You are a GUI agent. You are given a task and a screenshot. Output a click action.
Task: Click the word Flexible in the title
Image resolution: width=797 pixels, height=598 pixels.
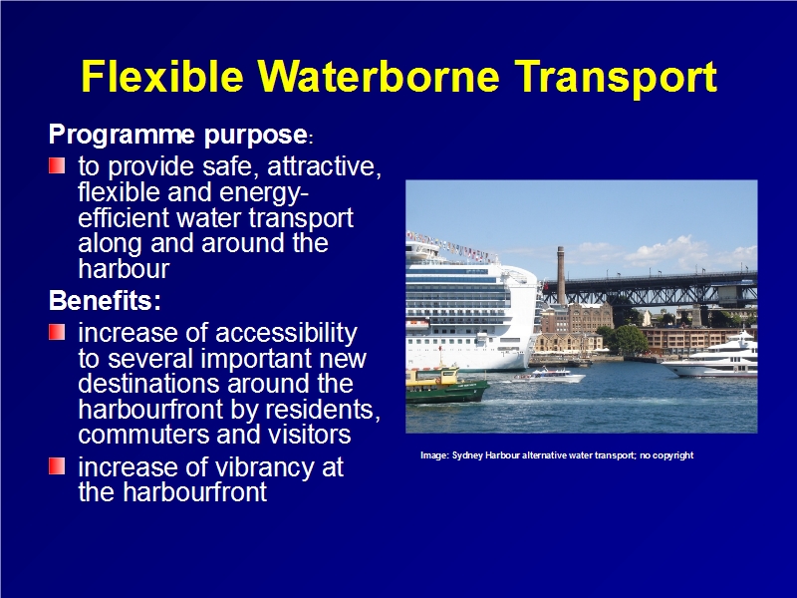pos(162,77)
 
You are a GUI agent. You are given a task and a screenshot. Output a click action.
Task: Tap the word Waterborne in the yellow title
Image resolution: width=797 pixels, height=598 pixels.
pos(379,77)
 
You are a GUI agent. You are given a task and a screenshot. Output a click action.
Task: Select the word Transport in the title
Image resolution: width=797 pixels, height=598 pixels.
pos(616,78)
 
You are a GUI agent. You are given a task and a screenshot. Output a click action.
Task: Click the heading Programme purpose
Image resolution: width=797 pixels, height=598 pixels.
pos(178,135)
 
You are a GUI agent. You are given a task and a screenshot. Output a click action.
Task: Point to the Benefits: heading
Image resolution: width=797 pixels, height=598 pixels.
pos(105,300)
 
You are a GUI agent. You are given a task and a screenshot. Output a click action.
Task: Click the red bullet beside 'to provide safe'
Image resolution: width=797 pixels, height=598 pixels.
pos(57,165)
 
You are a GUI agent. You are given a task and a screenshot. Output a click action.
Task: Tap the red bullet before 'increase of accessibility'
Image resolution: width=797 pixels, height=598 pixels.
pos(57,332)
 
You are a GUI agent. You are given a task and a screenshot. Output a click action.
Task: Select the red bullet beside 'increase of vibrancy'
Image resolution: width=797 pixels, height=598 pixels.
pos(57,465)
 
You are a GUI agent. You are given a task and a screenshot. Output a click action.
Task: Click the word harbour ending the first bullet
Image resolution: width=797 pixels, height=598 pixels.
pos(124,268)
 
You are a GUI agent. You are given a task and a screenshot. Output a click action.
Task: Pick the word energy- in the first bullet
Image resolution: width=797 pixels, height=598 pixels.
pos(263,193)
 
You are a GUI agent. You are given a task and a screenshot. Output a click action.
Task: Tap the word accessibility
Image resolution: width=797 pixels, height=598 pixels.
pos(286,334)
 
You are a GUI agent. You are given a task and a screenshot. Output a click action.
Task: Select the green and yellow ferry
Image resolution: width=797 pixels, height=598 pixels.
pos(446,386)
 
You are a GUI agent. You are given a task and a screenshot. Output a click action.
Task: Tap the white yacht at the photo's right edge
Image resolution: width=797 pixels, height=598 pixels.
pos(714,357)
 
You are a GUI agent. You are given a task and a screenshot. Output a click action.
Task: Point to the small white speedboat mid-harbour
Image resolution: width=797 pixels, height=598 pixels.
pos(551,377)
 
